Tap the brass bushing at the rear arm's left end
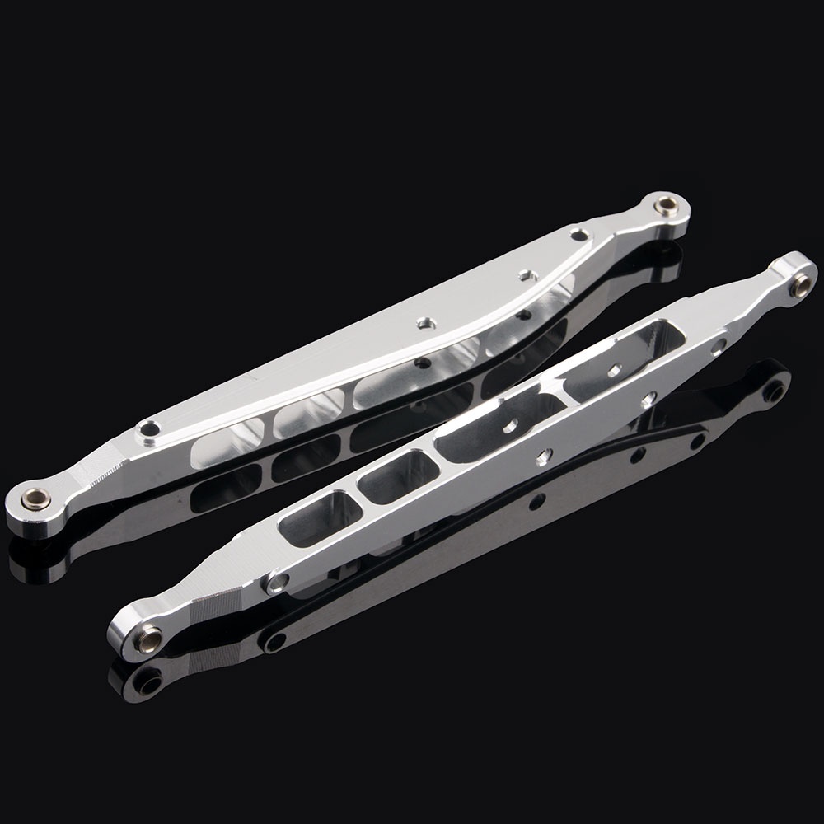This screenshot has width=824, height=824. (x=35, y=497)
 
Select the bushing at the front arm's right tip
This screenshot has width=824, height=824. (x=798, y=284)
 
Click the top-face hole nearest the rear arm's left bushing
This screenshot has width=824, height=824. (x=150, y=428)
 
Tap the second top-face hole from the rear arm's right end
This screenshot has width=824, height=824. (x=524, y=273)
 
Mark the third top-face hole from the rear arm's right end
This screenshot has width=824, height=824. (x=426, y=322)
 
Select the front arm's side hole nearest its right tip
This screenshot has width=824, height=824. (x=719, y=346)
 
